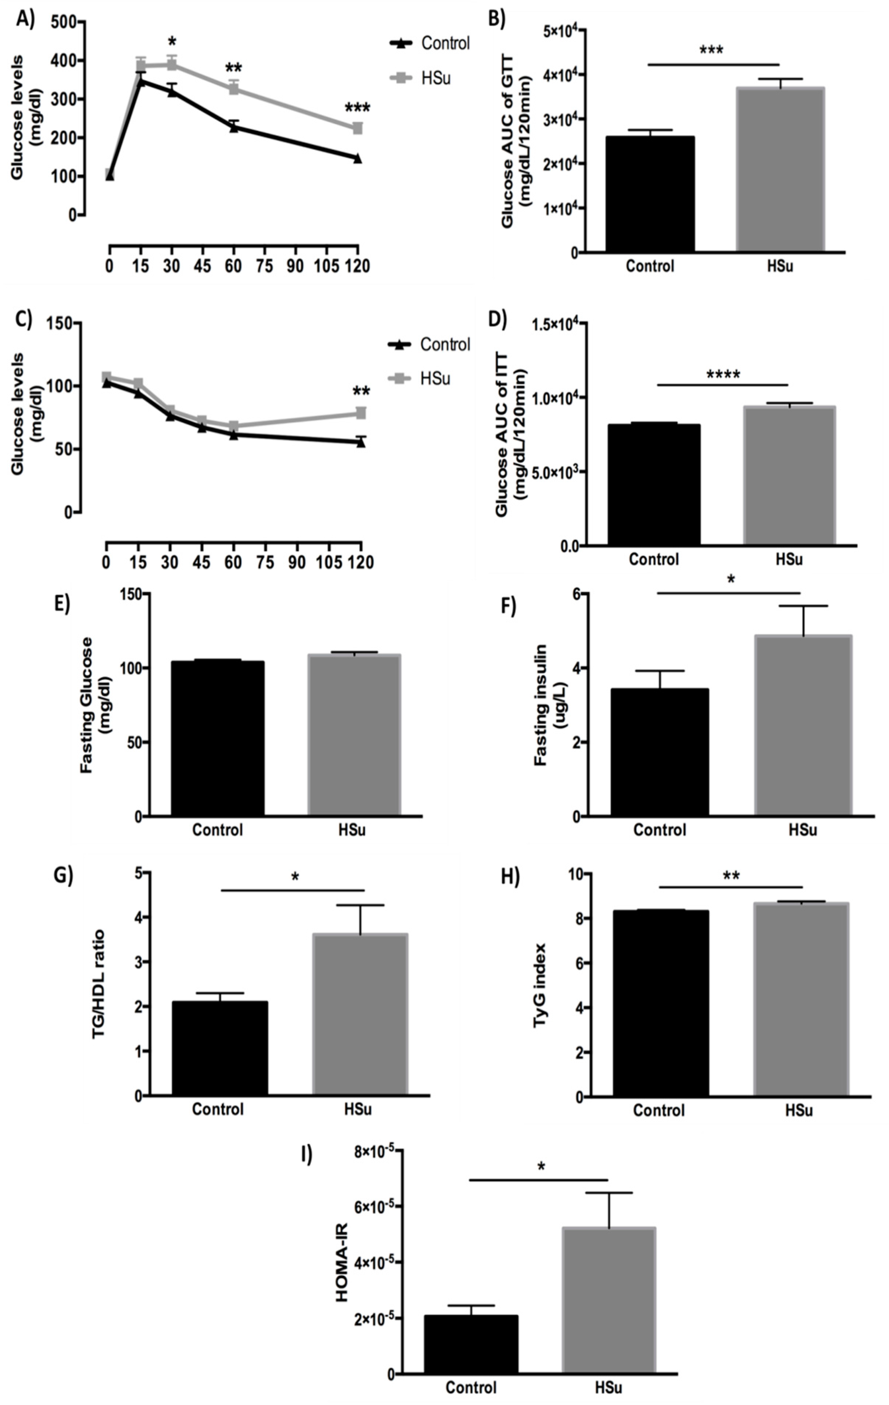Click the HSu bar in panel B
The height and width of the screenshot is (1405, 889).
point(780,170)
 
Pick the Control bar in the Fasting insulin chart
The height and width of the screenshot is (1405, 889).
point(660,753)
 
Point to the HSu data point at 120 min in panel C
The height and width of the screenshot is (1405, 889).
point(361,413)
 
